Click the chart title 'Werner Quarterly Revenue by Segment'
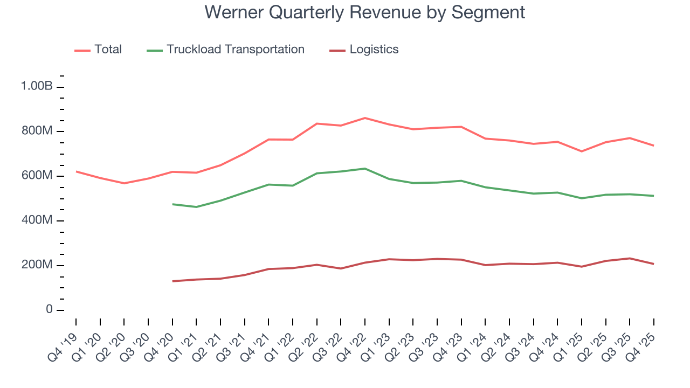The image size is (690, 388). click(364, 12)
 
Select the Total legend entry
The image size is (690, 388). click(108, 50)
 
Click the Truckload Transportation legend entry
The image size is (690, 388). click(235, 50)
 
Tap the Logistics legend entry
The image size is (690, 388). click(374, 50)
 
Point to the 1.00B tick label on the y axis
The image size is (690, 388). click(36, 86)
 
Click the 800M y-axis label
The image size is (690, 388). click(36, 131)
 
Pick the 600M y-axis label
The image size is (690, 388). click(36, 176)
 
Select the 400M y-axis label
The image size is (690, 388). click(36, 220)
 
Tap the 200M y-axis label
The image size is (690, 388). click(36, 265)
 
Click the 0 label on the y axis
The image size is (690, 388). click(49, 310)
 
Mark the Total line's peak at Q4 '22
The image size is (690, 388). click(365, 117)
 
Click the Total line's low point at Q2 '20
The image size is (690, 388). click(124, 183)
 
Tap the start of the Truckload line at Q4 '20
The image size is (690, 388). click(172, 204)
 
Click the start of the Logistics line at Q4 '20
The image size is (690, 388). click(172, 281)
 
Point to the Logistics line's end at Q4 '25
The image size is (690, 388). click(654, 264)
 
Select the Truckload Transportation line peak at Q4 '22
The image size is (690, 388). click(365, 169)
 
